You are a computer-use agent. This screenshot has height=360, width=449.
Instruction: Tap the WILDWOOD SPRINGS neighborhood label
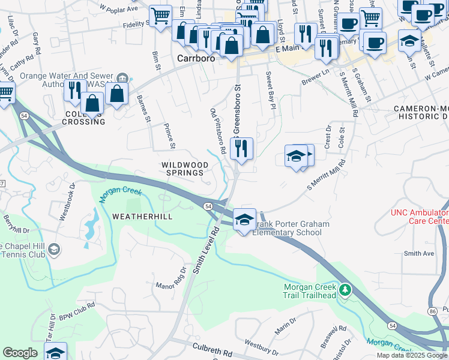click(x=185, y=169)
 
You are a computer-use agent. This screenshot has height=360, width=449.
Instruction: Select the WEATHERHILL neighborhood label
click(x=142, y=217)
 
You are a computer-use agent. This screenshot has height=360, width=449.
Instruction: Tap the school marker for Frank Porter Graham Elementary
click(x=244, y=220)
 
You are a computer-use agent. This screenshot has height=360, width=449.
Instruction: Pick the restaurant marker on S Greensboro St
click(x=241, y=149)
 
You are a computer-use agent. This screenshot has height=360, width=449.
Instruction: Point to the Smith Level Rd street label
click(x=204, y=246)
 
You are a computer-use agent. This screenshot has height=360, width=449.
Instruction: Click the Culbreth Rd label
click(x=212, y=349)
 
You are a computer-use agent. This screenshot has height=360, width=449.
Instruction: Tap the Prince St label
click(x=169, y=136)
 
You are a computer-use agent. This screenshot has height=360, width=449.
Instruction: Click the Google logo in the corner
click(x=20, y=353)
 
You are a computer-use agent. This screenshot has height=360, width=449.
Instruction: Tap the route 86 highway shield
click(x=432, y=295)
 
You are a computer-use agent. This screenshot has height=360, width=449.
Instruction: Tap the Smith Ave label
click(x=419, y=254)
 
